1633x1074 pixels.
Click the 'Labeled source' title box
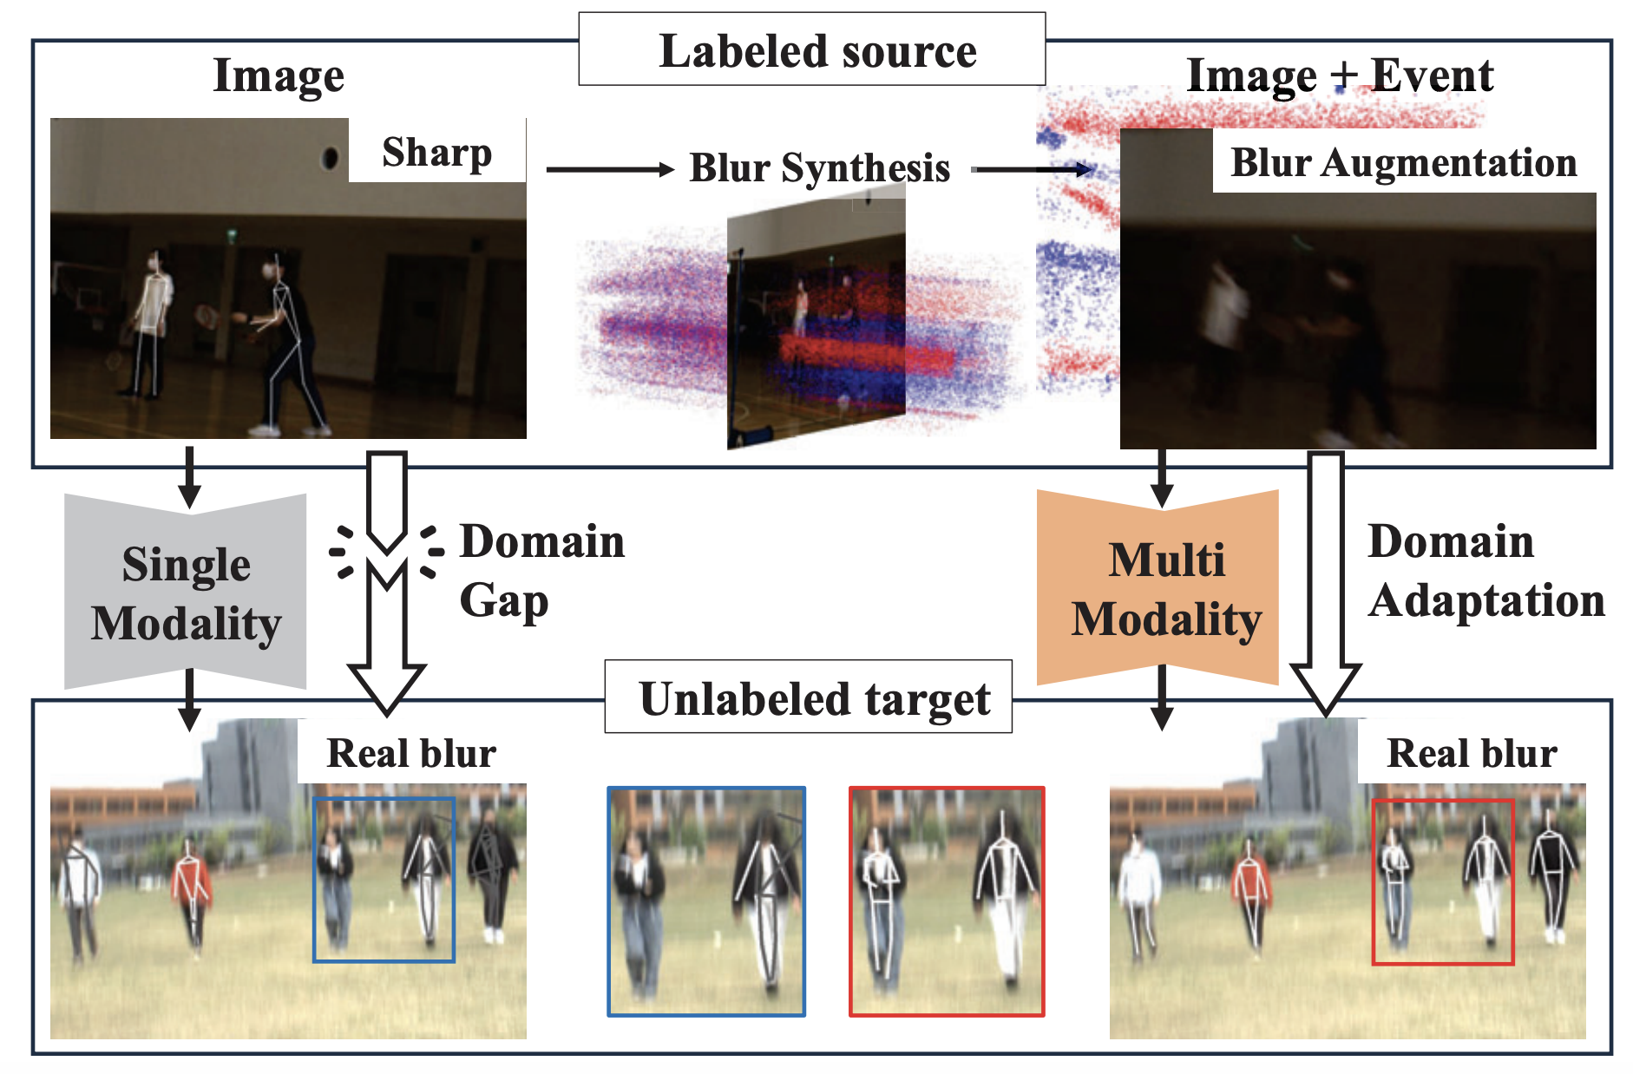click(812, 49)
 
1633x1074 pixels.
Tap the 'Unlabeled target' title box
click(808, 697)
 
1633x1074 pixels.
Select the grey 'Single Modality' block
click(186, 593)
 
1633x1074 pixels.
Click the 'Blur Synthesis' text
click(819, 167)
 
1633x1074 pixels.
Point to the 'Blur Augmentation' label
click(1403, 162)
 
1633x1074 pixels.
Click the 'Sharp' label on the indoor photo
click(436, 152)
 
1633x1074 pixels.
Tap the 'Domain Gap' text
click(541, 570)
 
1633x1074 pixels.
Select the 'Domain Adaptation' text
click(1486, 570)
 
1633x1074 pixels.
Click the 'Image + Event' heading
click(1339, 75)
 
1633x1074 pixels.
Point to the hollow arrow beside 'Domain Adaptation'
click(1325, 581)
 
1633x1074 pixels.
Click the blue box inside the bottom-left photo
click(384, 879)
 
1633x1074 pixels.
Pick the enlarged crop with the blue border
click(706, 900)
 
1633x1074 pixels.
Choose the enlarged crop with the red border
click(946, 900)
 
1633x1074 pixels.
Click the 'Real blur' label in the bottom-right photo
click(1472, 752)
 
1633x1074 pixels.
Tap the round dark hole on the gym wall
click(330, 158)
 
